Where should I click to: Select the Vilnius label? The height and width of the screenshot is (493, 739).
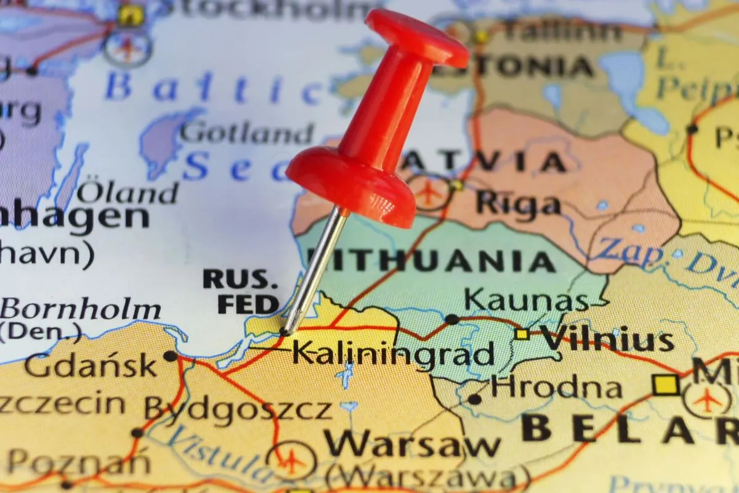[x=607, y=340]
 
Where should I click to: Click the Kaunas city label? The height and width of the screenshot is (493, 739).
[x=526, y=300]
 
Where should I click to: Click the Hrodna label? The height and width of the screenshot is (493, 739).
[x=557, y=388]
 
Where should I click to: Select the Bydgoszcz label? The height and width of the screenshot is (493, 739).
[x=238, y=408]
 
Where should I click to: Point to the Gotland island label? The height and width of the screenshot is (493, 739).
[x=247, y=132]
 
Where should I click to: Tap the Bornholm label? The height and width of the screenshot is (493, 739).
[x=81, y=309]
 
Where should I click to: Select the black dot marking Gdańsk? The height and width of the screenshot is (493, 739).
[x=170, y=356]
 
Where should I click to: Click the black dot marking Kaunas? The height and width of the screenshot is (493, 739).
[x=451, y=319]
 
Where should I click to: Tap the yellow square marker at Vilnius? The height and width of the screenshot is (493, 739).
[x=522, y=334]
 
